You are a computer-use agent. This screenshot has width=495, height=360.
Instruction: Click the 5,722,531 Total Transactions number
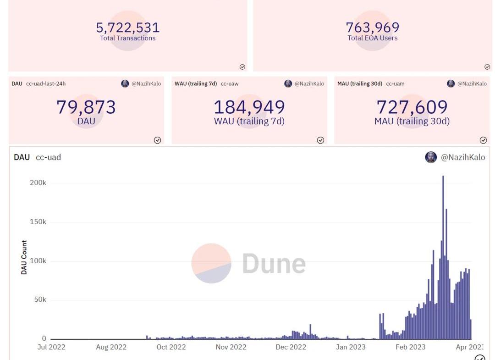[128, 28]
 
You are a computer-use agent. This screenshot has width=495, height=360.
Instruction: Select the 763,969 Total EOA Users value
[373, 28]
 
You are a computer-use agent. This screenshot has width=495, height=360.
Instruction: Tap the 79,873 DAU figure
[86, 107]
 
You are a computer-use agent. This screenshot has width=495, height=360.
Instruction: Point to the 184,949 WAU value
[249, 107]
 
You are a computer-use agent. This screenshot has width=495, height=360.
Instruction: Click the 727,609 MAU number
[412, 107]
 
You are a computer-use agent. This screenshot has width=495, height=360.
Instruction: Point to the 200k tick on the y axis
[38, 183]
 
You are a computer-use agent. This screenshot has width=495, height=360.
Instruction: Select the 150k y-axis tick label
[38, 222]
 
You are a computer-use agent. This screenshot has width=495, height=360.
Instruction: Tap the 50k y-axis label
[40, 300]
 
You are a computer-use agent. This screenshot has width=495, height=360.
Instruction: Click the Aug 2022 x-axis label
[111, 347]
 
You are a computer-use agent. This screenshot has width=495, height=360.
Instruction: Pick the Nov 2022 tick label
[231, 347]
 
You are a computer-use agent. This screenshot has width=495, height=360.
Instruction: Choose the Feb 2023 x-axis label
[411, 347]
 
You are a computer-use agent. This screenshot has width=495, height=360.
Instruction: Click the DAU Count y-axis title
[24, 257]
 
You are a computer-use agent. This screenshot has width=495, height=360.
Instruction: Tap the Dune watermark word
[274, 264]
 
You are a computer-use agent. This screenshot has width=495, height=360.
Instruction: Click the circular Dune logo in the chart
[211, 263]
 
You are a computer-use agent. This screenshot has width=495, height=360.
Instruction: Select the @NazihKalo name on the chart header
[463, 157]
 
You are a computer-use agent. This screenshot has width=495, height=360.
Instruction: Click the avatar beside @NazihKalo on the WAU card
[288, 83]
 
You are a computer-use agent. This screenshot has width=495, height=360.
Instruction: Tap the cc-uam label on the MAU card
[396, 83]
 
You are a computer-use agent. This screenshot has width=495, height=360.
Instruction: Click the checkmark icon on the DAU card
[157, 140]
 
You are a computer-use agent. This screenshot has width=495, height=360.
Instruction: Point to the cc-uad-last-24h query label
[46, 83]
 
